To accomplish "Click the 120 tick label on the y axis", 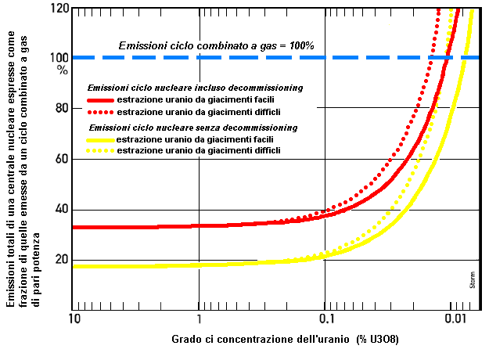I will (59, 8).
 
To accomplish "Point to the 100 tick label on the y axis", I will (59, 58).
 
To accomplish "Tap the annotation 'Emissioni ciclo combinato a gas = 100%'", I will (216, 45).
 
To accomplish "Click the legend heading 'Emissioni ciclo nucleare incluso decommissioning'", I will (195, 88).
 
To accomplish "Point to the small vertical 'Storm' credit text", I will (473, 280).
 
